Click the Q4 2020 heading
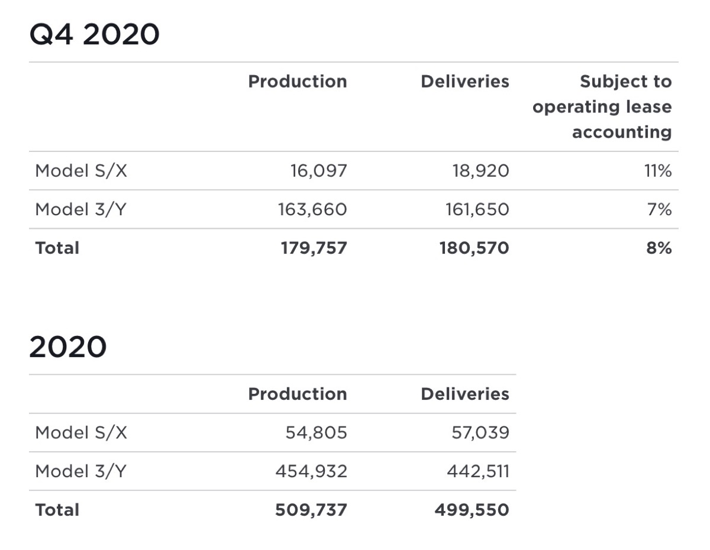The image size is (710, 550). click(94, 35)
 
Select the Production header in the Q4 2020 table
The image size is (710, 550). click(297, 82)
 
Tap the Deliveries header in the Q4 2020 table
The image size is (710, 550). click(464, 82)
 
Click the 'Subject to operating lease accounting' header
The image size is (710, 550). click(602, 107)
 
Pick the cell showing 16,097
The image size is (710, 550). click(318, 172)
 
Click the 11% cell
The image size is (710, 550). click(658, 172)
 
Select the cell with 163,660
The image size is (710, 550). click(312, 210)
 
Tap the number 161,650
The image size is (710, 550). click(477, 210)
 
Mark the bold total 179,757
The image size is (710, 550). click(314, 248)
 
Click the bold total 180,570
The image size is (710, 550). click(474, 248)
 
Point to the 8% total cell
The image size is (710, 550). click(660, 248)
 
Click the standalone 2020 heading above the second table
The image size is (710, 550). click(67, 347)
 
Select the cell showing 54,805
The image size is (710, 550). click(316, 433)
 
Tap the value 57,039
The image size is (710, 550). click(480, 433)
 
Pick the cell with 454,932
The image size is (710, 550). click(311, 471)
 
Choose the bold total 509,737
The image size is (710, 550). click(311, 510)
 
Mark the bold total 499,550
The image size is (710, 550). click(472, 510)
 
